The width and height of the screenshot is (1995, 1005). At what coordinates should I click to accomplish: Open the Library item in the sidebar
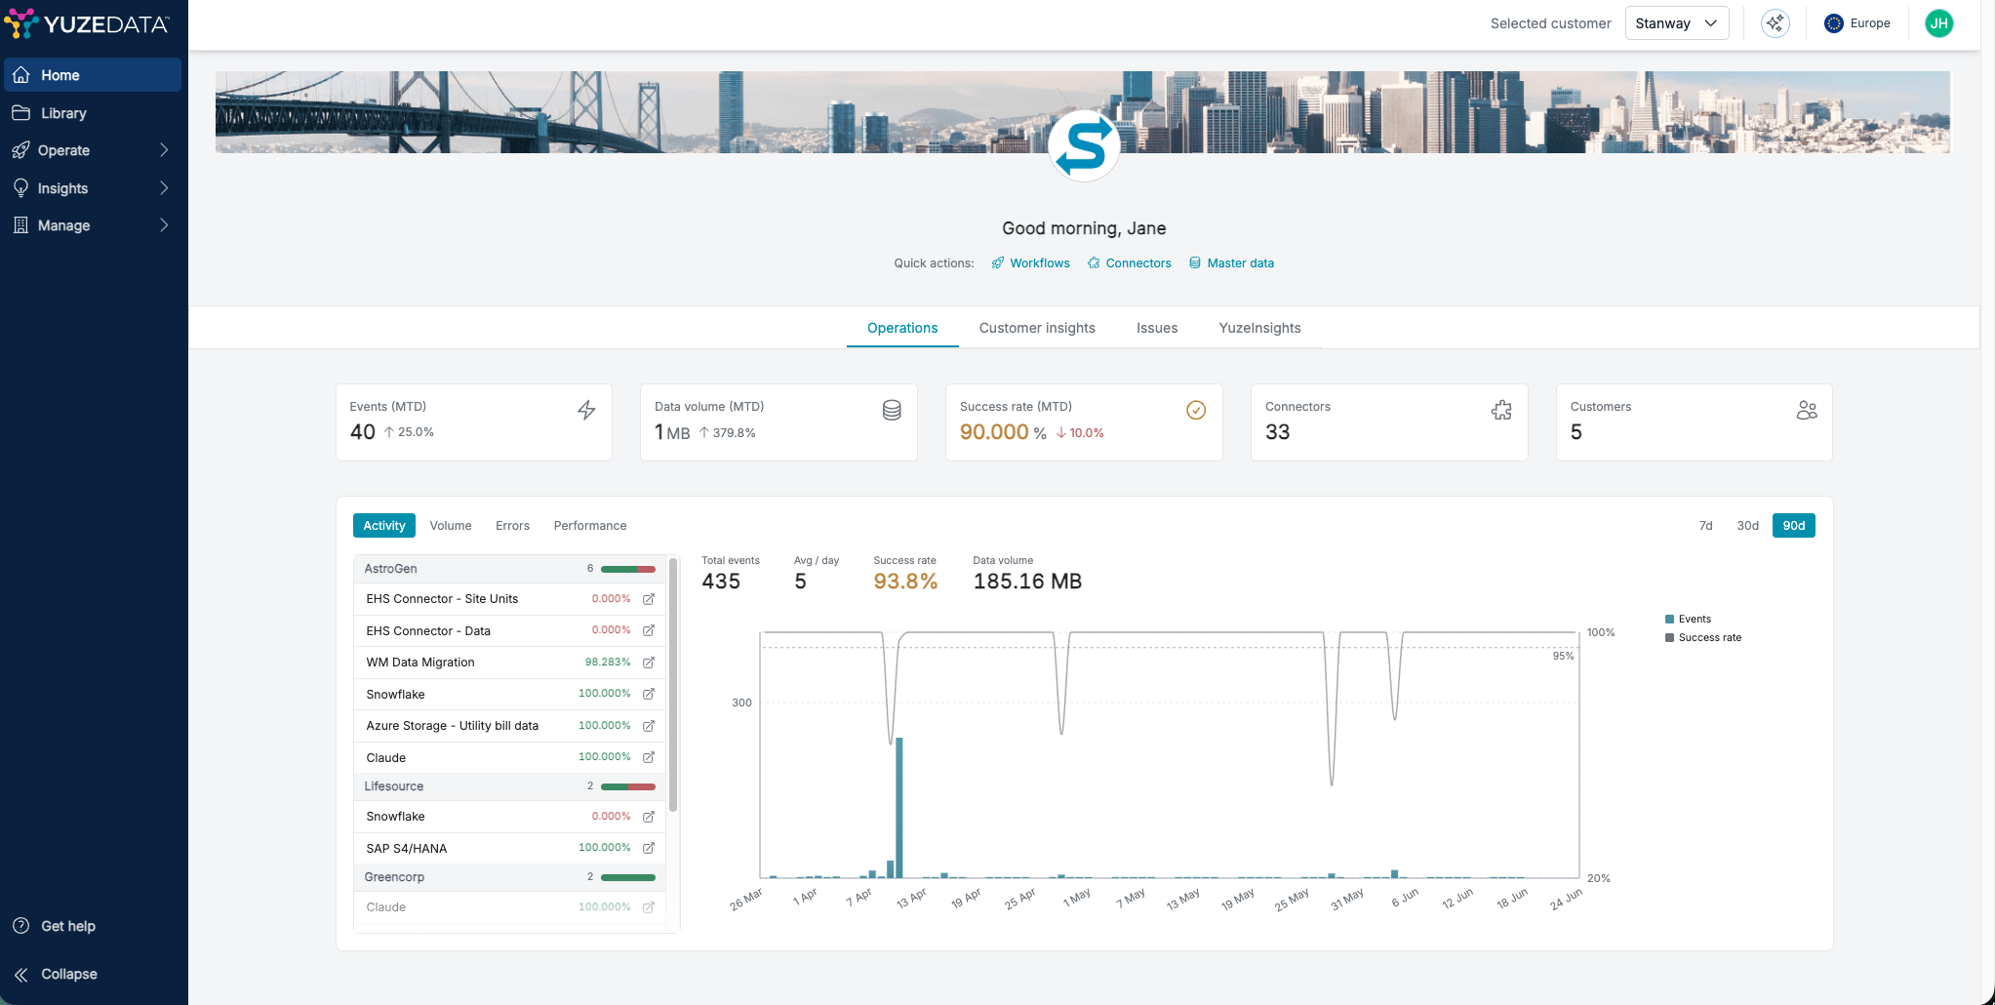tap(63, 113)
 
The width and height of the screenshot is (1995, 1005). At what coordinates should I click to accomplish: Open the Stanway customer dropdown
tap(1676, 23)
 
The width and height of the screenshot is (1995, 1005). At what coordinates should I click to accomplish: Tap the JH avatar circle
tap(1938, 23)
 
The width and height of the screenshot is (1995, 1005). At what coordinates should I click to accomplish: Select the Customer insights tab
tap(1037, 328)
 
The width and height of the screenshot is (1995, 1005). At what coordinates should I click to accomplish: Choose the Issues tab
tap(1157, 328)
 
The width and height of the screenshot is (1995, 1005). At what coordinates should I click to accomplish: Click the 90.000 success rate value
tap(994, 432)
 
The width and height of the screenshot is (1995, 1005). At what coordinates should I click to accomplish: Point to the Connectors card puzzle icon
tap(1501, 411)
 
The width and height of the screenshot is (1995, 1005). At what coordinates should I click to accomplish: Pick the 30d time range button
tap(1747, 526)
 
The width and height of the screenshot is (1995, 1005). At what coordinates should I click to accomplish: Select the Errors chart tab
tap(512, 526)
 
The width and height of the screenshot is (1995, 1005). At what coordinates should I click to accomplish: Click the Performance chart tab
tap(590, 526)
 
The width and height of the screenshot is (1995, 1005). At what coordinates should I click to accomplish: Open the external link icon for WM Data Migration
tap(649, 663)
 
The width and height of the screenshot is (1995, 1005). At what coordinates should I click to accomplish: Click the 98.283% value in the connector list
tap(608, 663)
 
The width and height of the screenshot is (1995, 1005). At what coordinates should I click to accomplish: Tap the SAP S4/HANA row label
tap(407, 849)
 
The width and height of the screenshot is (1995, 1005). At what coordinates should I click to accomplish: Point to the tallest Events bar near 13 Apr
tap(899, 808)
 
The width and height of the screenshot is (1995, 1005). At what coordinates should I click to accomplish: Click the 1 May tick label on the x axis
tap(1077, 897)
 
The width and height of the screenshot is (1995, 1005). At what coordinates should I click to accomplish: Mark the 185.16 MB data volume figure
tap(1027, 582)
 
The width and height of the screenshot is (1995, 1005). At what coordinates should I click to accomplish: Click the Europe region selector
tap(1857, 23)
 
